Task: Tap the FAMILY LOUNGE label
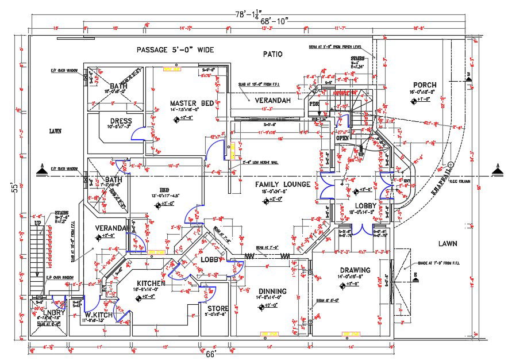[283, 184]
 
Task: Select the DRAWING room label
[355, 270]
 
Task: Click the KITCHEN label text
[151, 283]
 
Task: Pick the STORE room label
[218, 308]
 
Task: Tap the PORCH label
[425, 85]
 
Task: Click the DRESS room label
[121, 121]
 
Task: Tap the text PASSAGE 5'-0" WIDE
[175, 50]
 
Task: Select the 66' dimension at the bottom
[211, 354]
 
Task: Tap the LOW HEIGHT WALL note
[257, 162]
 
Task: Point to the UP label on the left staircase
[38, 223]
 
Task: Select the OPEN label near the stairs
[342, 137]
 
